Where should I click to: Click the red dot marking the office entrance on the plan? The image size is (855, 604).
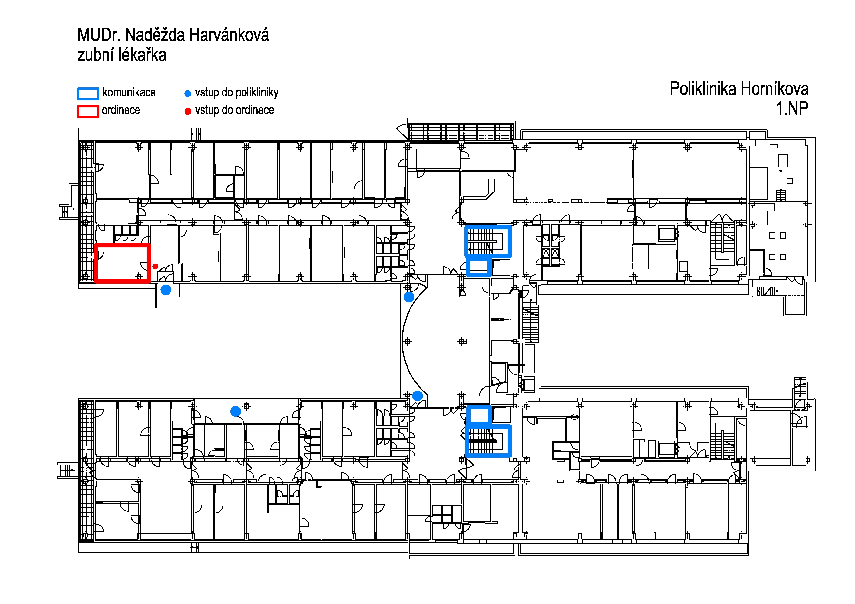pos(155,267)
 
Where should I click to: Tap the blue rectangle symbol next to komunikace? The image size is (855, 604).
pos(88,94)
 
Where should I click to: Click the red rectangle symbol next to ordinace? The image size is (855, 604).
pos(88,112)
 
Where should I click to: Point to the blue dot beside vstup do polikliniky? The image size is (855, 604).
pos(188,93)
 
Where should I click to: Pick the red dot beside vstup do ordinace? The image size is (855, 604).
pos(188,111)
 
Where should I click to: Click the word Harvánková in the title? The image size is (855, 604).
pos(229,35)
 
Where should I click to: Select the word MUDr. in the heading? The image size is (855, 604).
pos(99,35)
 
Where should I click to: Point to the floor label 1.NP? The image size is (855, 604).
pos(792,109)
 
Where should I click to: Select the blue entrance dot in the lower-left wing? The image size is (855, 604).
pos(235,411)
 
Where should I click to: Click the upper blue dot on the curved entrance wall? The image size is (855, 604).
pos(409,297)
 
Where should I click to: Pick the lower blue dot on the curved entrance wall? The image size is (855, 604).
pos(418,396)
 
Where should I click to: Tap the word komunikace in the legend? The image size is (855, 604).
pos(129,92)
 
